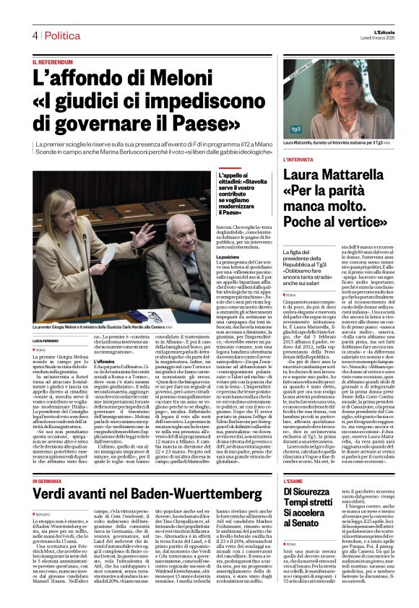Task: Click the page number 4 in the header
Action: click(x=34, y=35)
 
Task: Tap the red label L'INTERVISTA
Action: click(x=298, y=159)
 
